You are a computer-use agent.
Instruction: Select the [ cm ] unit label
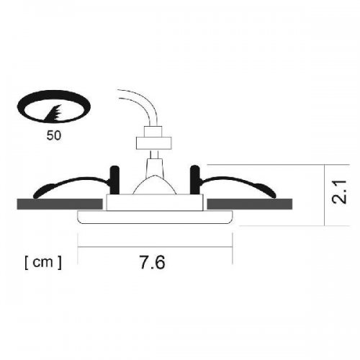(42, 263)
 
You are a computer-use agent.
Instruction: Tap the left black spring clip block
(112, 179)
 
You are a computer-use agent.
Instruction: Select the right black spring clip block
(194, 179)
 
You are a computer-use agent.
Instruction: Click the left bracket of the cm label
(26, 263)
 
